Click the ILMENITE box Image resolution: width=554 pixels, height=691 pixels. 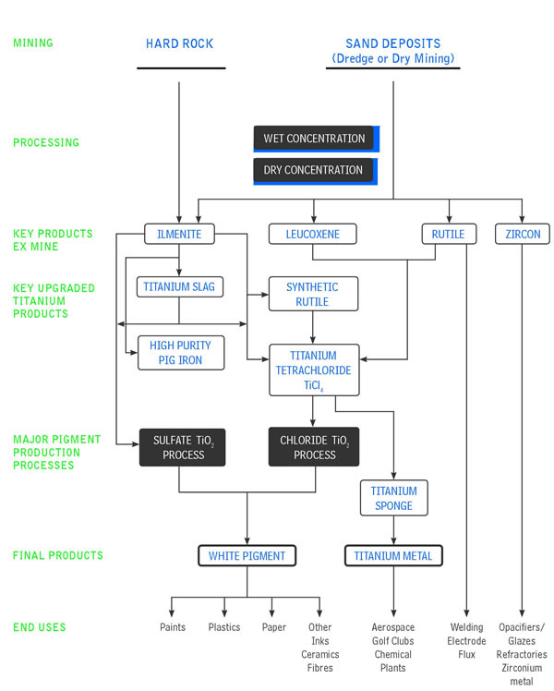pos(179,234)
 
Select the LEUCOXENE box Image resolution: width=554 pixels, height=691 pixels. pos(313,234)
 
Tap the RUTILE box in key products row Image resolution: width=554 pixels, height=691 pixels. pos(449,234)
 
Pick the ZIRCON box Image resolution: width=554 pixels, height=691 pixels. pos(523,234)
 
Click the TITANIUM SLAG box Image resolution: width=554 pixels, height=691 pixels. pos(180,287)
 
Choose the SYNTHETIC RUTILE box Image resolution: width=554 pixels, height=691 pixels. pos(313,294)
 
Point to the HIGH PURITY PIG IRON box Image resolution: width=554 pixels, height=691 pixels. pos(181,353)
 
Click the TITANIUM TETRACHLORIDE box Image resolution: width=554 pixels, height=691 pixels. pos(314,370)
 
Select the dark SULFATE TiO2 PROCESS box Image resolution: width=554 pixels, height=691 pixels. pos(182,447)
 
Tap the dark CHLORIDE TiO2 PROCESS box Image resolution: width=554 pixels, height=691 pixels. pos(314,447)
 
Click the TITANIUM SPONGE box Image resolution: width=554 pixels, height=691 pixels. pos(393,498)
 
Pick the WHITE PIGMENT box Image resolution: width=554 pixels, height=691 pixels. pos(247,556)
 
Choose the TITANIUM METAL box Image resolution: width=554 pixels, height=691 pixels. pos(393,556)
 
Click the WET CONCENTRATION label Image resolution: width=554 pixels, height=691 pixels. pos(314,139)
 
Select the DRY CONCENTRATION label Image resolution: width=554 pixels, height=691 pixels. pos(313,170)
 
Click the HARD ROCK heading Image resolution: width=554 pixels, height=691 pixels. pos(180,43)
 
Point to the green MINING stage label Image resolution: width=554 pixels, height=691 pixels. pos(33,42)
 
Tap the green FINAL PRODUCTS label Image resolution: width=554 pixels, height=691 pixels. pos(58,555)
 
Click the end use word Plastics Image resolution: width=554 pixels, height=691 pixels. pos(224,627)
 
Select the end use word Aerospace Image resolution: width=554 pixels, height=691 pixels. pos(392,627)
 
